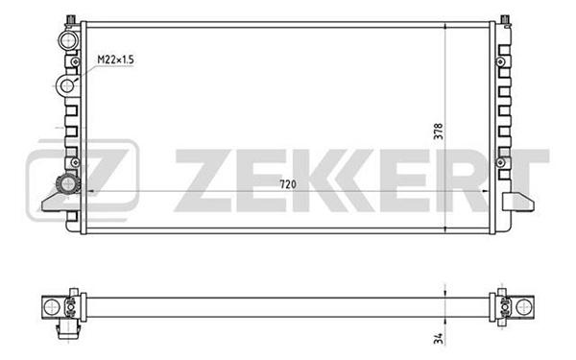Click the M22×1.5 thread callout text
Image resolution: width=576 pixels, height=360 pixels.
(x=115, y=60)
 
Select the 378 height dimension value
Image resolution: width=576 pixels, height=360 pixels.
(x=439, y=132)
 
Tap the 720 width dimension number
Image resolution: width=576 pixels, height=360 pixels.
(x=288, y=184)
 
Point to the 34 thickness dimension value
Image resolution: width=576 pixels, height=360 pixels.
(x=439, y=338)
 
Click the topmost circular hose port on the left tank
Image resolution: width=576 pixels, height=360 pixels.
(x=68, y=39)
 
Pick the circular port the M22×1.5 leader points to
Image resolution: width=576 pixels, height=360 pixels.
(x=67, y=86)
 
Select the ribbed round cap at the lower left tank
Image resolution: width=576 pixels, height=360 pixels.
(x=67, y=184)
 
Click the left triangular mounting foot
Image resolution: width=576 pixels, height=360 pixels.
(x=55, y=202)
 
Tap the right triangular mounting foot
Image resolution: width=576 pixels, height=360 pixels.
(x=518, y=202)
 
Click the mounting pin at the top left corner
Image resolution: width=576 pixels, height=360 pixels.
(x=70, y=20)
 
